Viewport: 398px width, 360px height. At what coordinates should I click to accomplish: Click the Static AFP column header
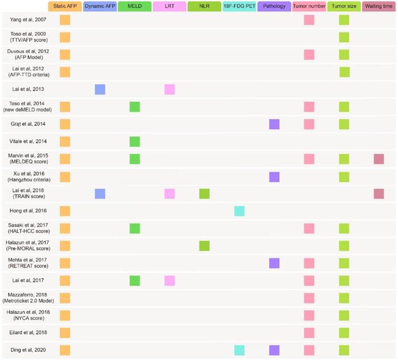pos(64,7)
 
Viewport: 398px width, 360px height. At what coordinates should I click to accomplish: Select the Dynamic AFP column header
pos(100,7)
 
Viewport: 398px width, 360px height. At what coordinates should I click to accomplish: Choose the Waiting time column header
pos(379,7)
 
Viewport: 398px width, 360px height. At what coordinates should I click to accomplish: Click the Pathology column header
pos(274,7)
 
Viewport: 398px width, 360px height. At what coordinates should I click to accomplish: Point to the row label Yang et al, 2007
pos(28,20)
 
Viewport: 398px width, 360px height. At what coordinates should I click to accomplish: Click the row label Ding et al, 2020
pos(28,350)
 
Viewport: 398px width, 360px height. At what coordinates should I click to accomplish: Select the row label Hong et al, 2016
pos(28,211)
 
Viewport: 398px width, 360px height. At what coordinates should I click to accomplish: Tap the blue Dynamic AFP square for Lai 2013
pos(100,89)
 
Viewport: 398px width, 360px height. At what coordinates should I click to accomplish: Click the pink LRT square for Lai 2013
pos(169,89)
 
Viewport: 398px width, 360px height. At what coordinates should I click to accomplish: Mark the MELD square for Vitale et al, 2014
pos(135,141)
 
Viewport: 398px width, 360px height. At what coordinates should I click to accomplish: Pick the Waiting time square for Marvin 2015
pos(379,159)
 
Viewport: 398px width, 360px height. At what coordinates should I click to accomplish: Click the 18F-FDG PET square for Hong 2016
pos(239,211)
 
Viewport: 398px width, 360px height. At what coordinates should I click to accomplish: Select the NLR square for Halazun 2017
pos(204,246)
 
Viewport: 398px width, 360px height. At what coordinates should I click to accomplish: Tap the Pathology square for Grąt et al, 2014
pos(274,124)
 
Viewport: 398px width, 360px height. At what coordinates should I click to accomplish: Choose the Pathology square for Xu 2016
pos(274,177)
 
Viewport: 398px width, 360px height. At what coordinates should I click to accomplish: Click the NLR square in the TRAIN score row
pos(204,194)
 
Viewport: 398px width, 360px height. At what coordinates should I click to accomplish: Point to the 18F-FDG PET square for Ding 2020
pos(239,350)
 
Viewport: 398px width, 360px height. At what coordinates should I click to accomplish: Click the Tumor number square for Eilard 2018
pos(309,333)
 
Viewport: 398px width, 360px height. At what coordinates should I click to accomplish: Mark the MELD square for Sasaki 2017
pos(135,228)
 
